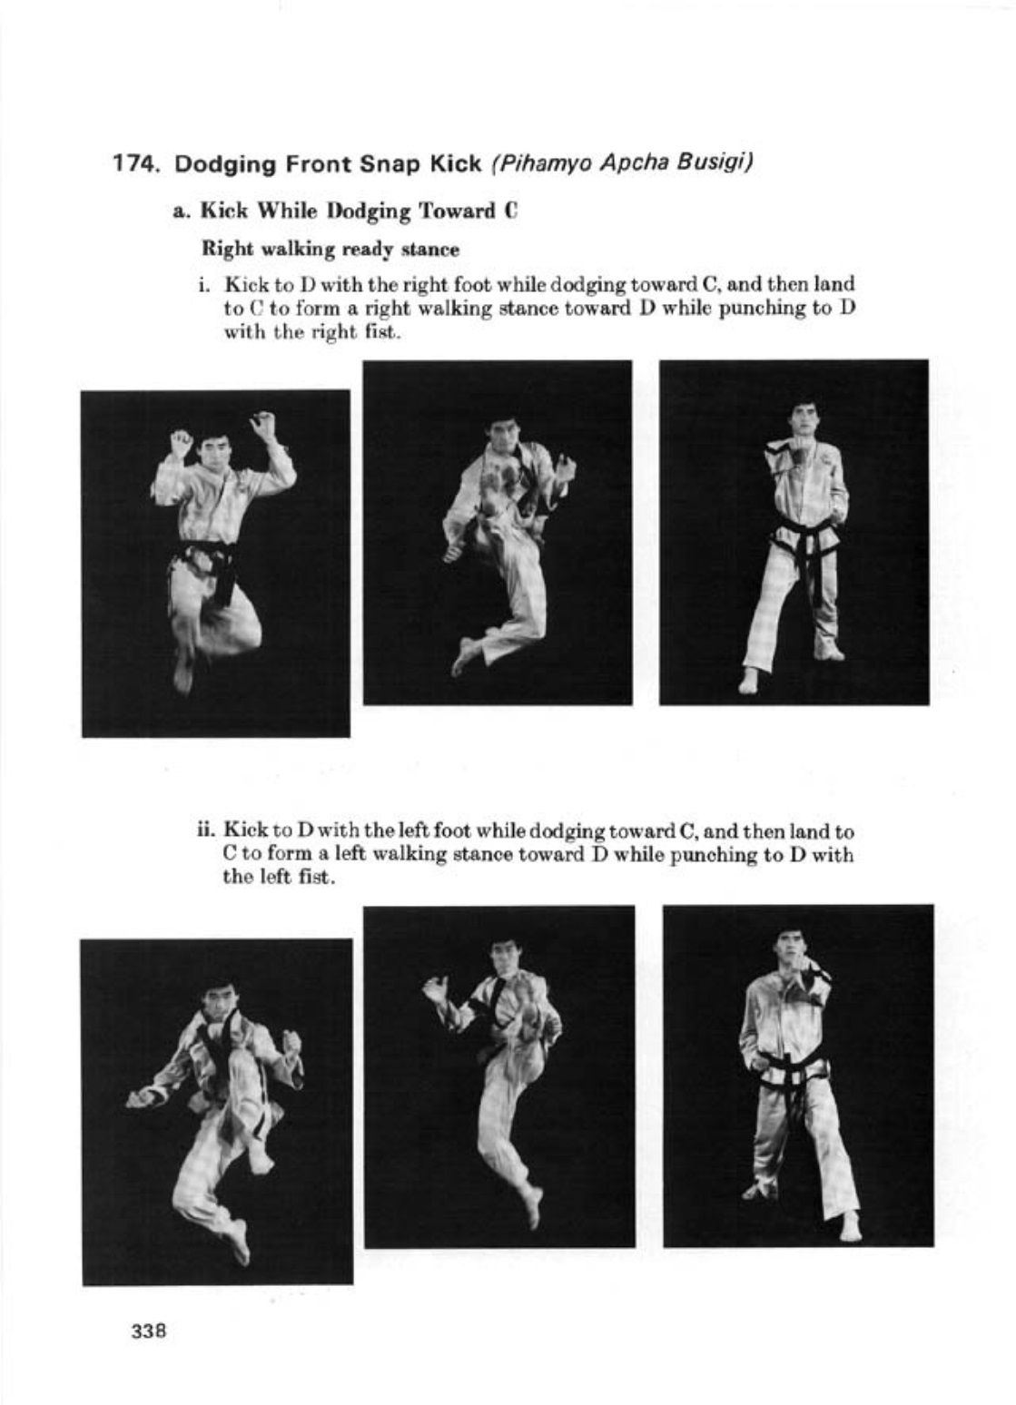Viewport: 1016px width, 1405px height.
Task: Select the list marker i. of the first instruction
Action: click(x=206, y=284)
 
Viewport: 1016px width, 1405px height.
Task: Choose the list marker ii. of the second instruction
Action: click(x=206, y=830)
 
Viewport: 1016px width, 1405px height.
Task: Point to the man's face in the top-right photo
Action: click(x=804, y=418)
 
